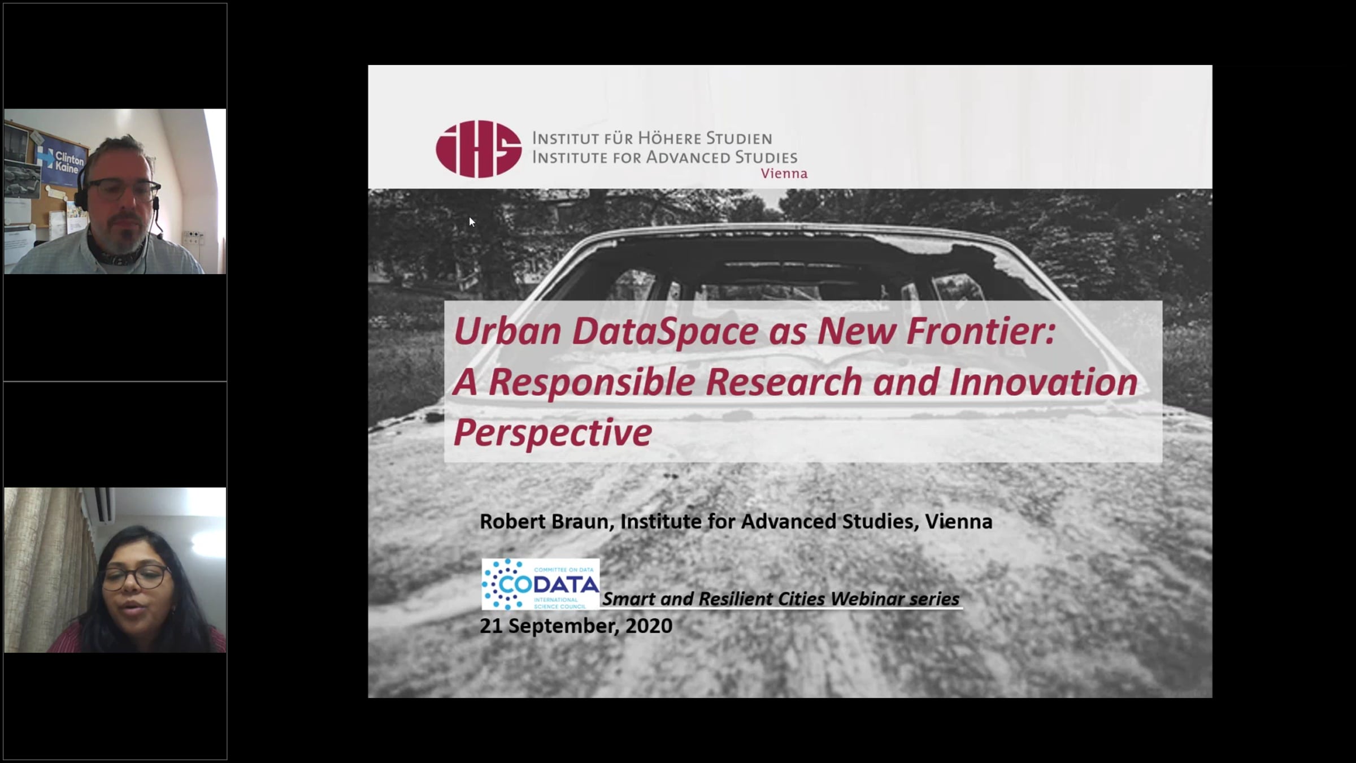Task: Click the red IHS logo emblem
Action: pyautogui.click(x=479, y=149)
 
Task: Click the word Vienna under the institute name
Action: pyautogui.click(x=784, y=174)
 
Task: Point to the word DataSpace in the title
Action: pyautogui.click(x=664, y=332)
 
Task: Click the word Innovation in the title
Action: pyautogui.click(x=1043, y=382)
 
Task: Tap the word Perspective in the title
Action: pyautogui.click(x=553, y=433)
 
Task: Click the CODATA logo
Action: pyautogui.click(x=540, y=584)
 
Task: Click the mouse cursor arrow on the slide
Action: pyautogui.click(x=472, y=222)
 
